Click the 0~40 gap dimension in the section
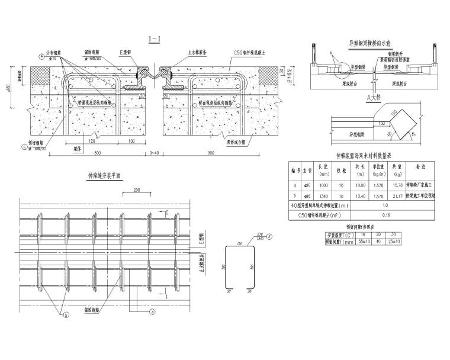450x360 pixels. coord(155,153)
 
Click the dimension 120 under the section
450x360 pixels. coord(92,142)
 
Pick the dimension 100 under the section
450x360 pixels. coord(131,142)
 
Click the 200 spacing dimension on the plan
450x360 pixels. coord(137,191)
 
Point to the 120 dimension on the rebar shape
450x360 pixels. coord(240,243)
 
